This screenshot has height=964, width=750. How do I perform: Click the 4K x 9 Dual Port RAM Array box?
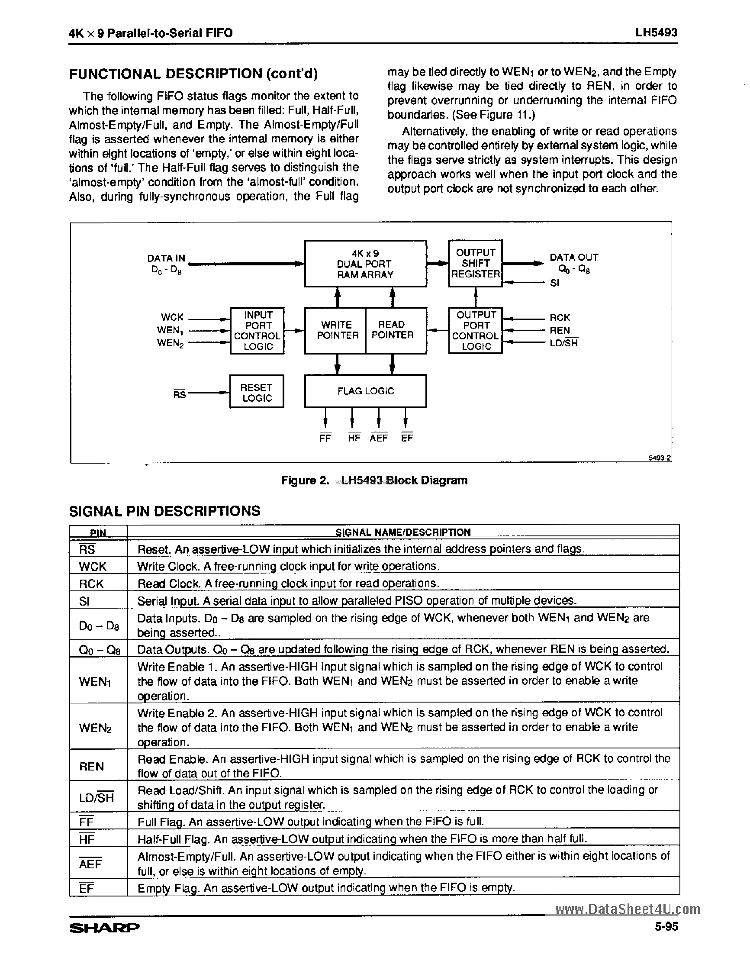pyautogui.click(x=365, y=264)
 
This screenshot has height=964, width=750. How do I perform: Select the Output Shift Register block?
pyautogui.click(x=475, y=264)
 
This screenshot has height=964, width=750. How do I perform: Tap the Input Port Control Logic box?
pyautogui.click(x=257, y=331)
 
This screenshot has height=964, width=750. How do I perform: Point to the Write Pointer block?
pyautogui.click(x=336, y=330)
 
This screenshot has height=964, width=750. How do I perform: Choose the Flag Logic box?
pyautogui.click(x=365, y=391)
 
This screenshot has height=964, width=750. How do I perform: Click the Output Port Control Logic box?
pyautogui.click(x=475, y=331)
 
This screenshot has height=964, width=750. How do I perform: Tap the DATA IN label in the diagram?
pyautogui.click(x=166, y=258)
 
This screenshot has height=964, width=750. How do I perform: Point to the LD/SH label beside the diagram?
pyautogui.click(x=563, y=343)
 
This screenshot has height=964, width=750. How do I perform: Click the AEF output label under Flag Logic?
pyautogui.click(x=379, y=438)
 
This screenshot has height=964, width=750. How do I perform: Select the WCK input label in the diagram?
pyautogui.click(x=173, y=317)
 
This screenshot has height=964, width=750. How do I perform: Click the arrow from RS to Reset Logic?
pyautogui.click(x=207, y=393)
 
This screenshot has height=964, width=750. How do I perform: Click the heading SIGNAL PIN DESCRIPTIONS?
pyautogui.click(x=164, y=511)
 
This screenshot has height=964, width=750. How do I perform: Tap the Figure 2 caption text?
pyautogui.click(x=374, y=480)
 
